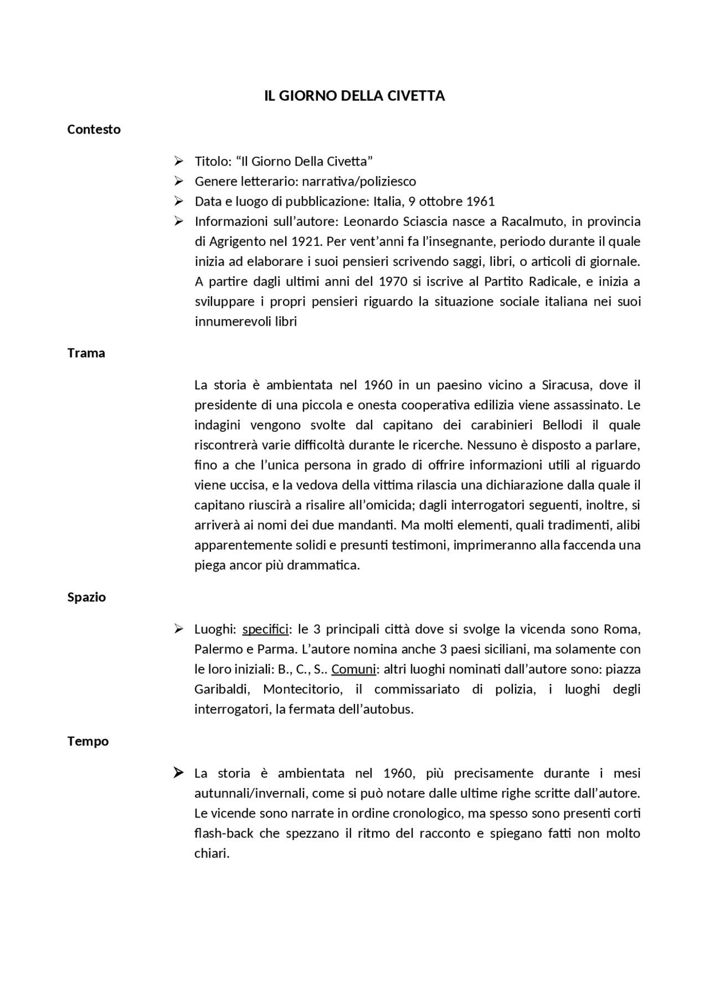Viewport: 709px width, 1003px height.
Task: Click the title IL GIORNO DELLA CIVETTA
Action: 354,96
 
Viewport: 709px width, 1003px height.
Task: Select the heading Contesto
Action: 94,129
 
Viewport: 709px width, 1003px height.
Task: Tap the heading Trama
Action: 86,353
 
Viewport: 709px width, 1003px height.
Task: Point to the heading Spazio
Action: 86,597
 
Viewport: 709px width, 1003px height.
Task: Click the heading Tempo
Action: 88,741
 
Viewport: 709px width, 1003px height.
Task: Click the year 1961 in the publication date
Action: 480,201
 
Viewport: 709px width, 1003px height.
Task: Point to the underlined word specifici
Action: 265,629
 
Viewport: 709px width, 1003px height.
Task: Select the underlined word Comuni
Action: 353,669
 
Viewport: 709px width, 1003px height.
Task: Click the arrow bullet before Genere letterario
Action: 178,181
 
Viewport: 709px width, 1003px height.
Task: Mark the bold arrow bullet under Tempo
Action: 178,773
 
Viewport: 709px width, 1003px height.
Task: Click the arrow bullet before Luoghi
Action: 178,629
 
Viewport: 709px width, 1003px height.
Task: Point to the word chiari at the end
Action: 211,853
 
